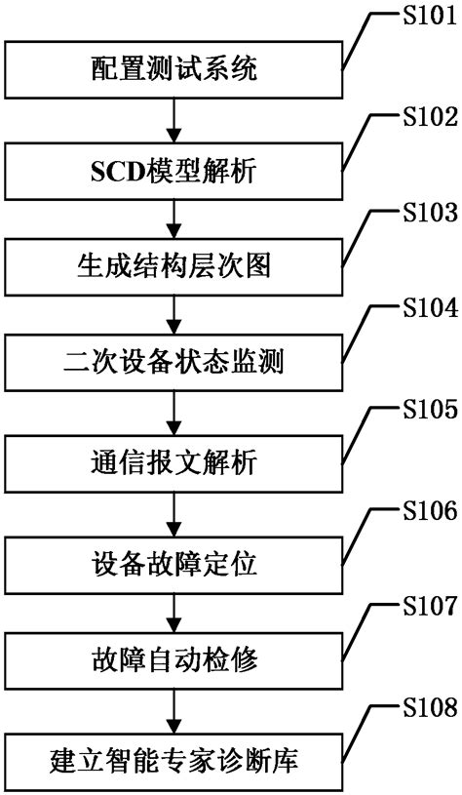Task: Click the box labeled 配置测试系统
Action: click(175, 68)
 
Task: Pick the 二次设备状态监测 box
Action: click(175, 363)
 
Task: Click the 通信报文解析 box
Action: click(175, 461)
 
